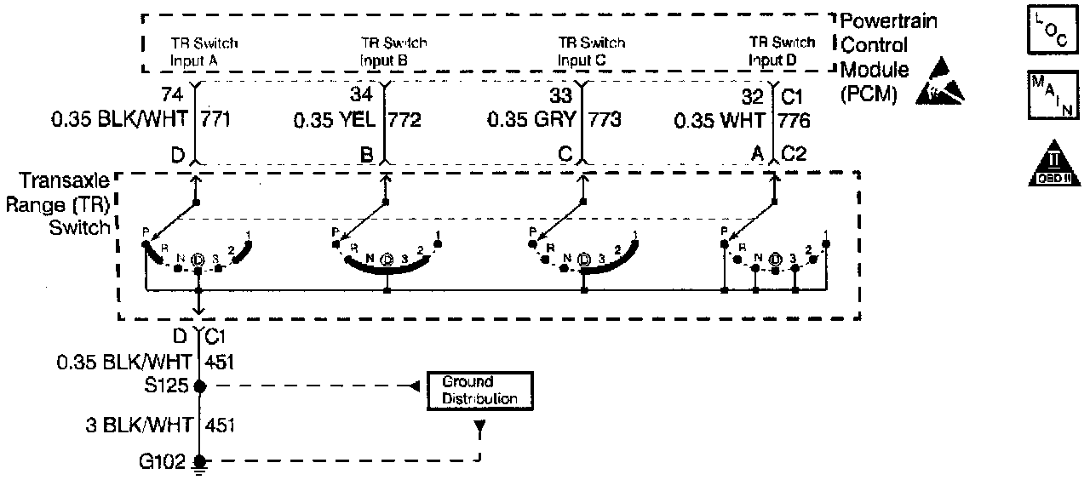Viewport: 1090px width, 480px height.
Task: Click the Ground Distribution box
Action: (x=479, y=391)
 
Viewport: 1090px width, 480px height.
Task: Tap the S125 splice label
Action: (x=169, y=386)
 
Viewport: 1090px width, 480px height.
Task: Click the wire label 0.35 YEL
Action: (x=335, y=120)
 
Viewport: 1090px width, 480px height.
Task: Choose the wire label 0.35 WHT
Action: (x=720, y=120)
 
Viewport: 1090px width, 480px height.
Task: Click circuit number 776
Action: (x=793, y=120)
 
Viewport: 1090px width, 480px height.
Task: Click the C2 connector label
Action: (x=794, y=156)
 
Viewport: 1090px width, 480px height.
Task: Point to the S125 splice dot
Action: (x=199, y=386)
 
